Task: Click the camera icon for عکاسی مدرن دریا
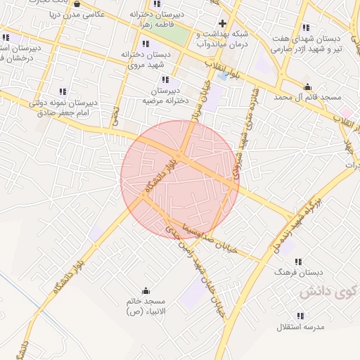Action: pos(86,4)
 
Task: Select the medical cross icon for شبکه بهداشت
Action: pos(223,23)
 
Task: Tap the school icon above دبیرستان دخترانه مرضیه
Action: pos(166,80)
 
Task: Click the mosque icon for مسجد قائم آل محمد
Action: pos(307,86)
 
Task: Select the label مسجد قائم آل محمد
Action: pos(307,96)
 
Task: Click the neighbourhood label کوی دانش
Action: pos(324,292)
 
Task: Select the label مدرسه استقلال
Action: pos(299,328)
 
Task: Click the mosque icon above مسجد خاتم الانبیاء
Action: pos(146,290)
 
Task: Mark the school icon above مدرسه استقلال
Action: pos(300,316)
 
